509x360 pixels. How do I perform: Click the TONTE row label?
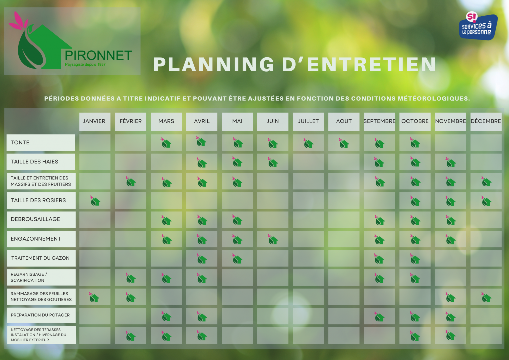pyautogui.click(x=41, y=143)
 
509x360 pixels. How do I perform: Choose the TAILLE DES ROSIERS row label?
pyautogui.click(x=41, y=200)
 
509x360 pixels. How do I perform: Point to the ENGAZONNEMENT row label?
pyautogui.click(x=41, y=239)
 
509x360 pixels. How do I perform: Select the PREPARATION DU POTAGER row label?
pyautogui.click(x=41, y=315)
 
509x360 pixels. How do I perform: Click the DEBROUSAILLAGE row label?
pyautogui.click(x=41, y=220)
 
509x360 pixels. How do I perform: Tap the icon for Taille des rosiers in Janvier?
pyautogui.click(x=95, y=201)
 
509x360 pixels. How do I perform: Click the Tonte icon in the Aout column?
pyautogui.click(x=344, y=143)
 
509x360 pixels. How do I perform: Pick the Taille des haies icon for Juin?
pyautogui.click(x=273, y=162)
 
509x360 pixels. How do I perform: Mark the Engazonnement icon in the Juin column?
pyautogui.click(x=273, y=240)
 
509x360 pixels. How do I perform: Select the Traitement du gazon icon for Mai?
pyautogui.click(x=237, y=259)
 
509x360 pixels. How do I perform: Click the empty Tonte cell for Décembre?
pyautogui.click(x=486, y=143)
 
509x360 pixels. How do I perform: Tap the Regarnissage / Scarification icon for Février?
pyautogui.click(x=131, y=278)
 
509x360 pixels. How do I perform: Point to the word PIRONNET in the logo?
pyautogui.click(x=98, y=55)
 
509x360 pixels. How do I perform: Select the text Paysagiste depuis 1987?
pyautogui.click(x=85, y=65)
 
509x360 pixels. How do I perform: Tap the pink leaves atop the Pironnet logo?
pyautogui.click(x=19, y=21)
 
